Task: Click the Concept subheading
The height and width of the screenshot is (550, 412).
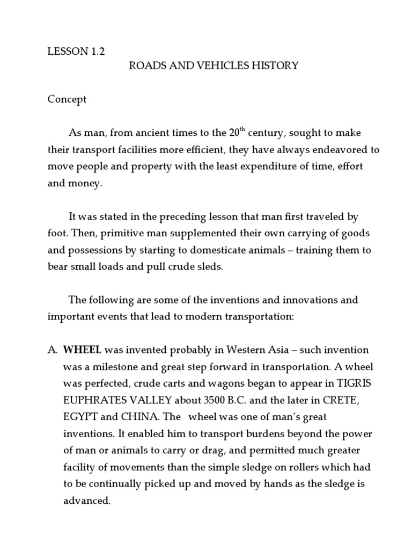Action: [67, 99]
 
